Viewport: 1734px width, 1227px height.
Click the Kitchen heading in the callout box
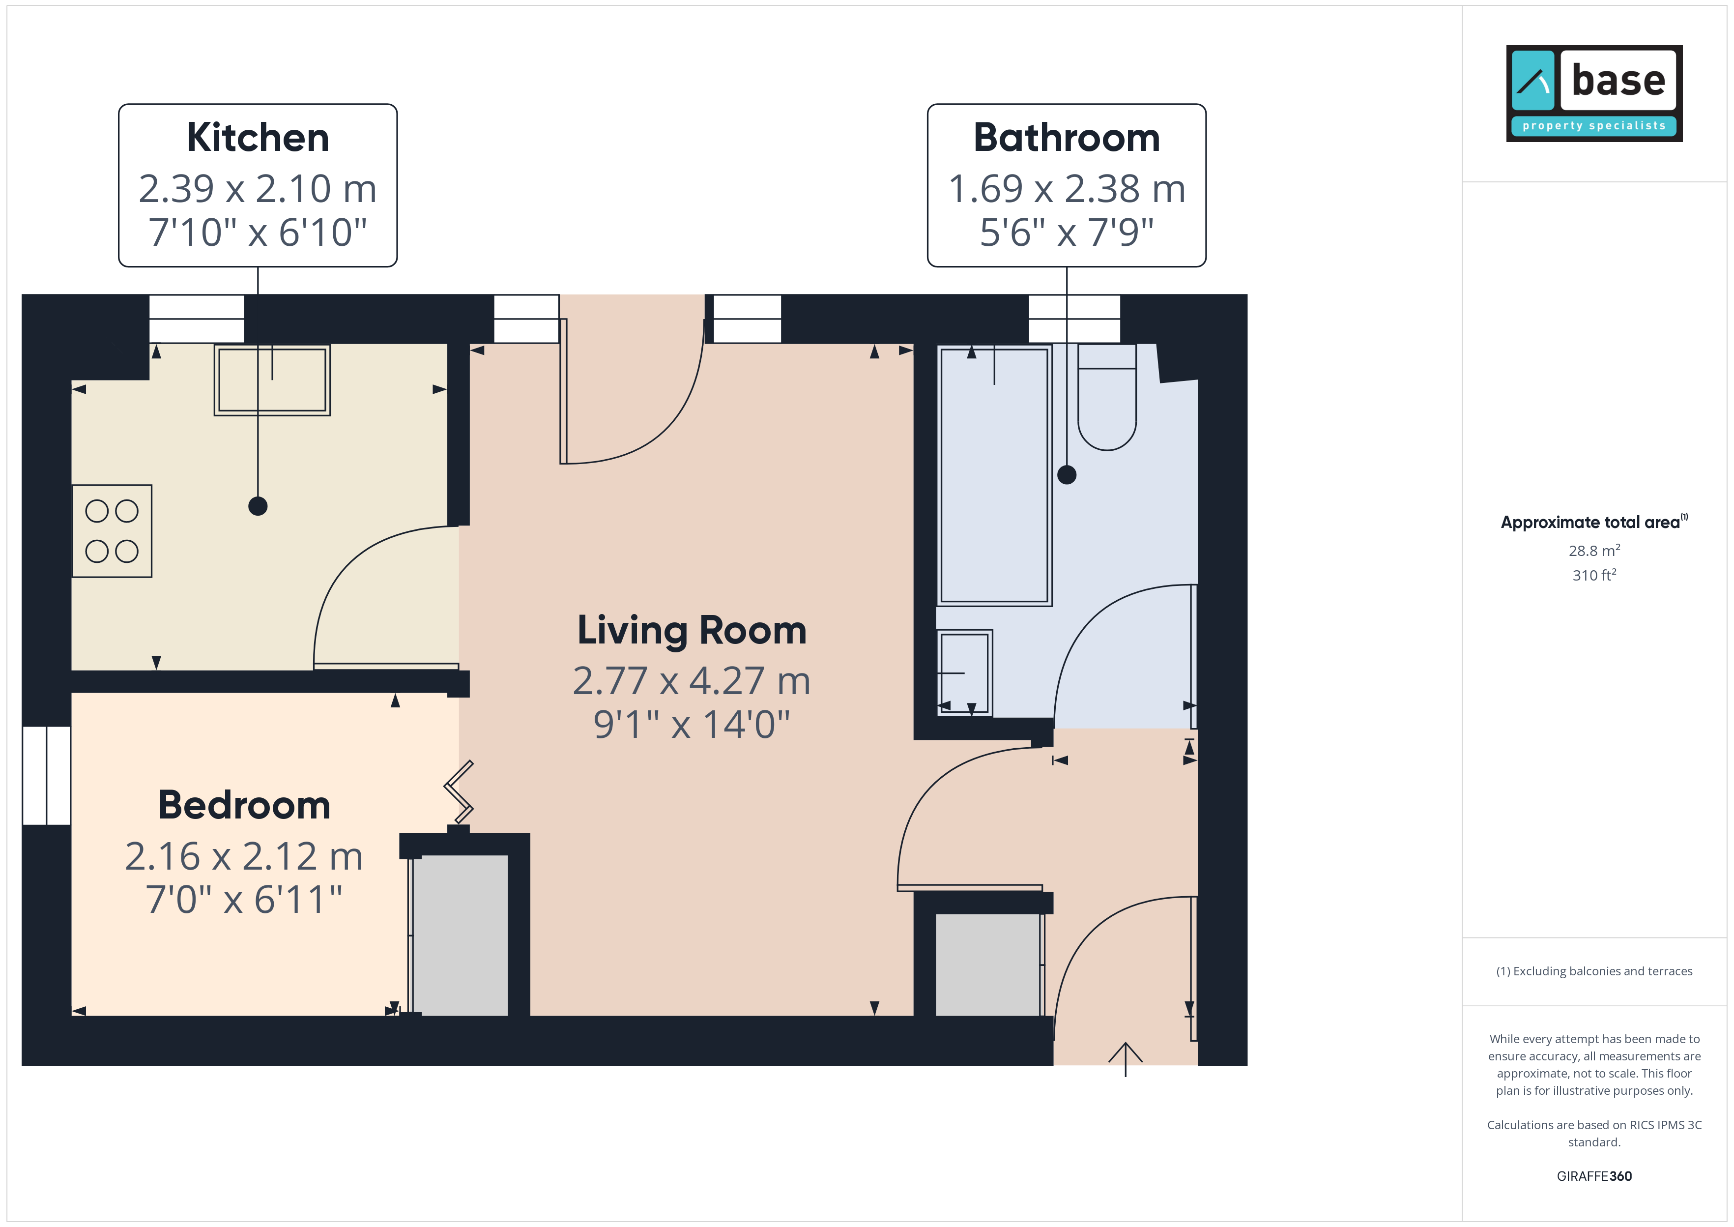258,138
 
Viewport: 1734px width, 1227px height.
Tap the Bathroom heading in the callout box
1067,138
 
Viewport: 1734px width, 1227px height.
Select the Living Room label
692,631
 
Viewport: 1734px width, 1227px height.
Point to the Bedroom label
244,805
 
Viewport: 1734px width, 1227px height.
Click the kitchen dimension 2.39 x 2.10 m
258,189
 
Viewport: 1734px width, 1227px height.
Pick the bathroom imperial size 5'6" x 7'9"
1067,232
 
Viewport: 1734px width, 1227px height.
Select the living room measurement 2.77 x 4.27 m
692,681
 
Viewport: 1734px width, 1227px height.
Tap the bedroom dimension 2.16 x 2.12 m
244,856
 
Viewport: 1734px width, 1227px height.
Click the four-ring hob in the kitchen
112,531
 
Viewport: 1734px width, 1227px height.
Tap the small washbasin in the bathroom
964,672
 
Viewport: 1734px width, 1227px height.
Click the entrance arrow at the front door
1126,1059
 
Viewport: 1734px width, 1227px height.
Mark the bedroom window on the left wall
47,775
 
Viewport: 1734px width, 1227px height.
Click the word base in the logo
1618,80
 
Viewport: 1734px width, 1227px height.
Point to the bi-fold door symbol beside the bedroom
459,792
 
